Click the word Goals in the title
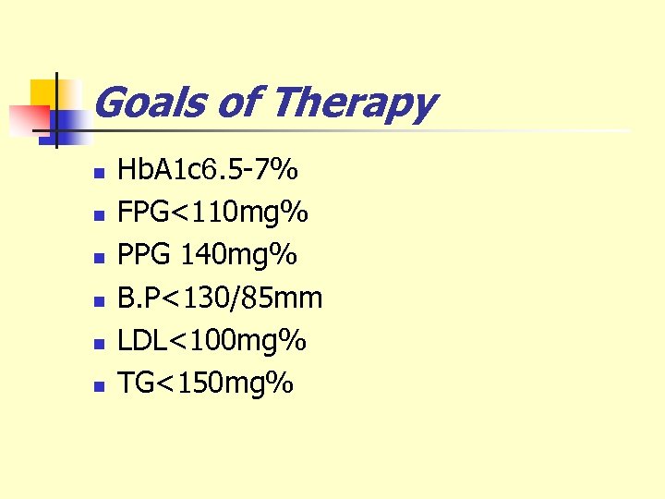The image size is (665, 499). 150,103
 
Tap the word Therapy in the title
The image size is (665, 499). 354,103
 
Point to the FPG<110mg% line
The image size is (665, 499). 212,213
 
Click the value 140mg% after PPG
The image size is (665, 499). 245,255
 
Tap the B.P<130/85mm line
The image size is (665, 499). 220,298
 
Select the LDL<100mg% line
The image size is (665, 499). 212,340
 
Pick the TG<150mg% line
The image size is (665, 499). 205,383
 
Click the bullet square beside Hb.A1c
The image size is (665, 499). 98,173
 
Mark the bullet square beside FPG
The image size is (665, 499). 98,215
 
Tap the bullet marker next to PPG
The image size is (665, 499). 98,258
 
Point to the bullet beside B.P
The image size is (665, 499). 98,300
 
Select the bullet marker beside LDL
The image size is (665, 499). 98,343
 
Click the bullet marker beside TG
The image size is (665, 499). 98,385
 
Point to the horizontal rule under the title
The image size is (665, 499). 369,130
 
